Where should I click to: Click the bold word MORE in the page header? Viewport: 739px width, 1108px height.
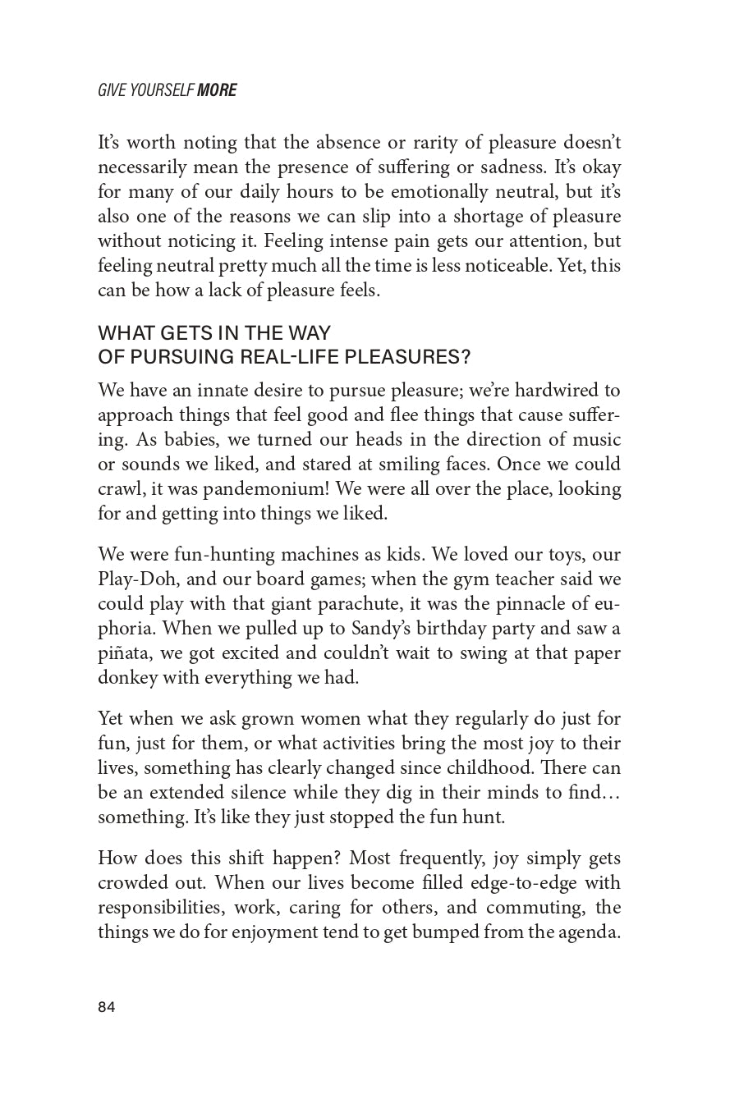217,90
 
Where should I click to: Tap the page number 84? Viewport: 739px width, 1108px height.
107,1008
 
